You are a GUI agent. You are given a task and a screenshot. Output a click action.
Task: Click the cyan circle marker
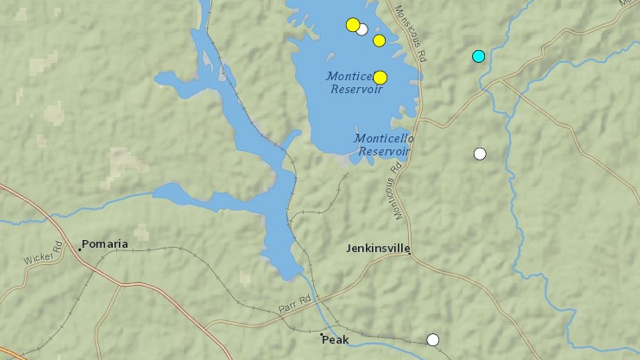[x=478, y=56]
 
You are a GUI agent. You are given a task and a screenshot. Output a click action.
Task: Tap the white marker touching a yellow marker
[x=362, y=30]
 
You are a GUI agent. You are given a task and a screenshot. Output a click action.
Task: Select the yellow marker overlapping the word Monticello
[x=380, y=78]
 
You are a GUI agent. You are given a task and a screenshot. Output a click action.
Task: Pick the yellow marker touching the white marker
[x=353, y=25]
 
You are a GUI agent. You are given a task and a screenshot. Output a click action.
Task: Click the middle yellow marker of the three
[x=379, y=41]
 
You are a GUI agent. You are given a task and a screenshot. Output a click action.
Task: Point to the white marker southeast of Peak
[x=433, y=340]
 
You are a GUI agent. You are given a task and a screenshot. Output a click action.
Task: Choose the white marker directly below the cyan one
[x=480, y=154]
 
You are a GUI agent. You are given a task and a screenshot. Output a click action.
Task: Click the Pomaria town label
[x=105, y=244]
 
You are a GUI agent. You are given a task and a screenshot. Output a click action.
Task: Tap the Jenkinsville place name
[x=378, y=248]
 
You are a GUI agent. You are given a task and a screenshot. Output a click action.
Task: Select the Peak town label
[x=335, y=340]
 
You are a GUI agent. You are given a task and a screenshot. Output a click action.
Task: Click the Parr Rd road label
[x=295, y=304]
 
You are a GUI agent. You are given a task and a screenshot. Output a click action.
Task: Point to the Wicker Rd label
[x=43, y=254]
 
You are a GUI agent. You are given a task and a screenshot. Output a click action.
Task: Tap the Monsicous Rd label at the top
[x=411, y=33]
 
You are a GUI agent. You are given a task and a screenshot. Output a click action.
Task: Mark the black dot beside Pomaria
[x=80, y=249]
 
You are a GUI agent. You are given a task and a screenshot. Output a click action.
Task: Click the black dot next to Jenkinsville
[x=410, y=253]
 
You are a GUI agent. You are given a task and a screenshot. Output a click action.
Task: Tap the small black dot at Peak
[x=321, y=334]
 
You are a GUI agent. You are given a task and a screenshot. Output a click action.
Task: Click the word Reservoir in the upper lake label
[x=356, y=89]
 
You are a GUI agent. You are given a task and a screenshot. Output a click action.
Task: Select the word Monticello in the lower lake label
[x=383, y=138]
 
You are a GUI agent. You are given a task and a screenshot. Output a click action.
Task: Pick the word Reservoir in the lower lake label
[x=384, y=151]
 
